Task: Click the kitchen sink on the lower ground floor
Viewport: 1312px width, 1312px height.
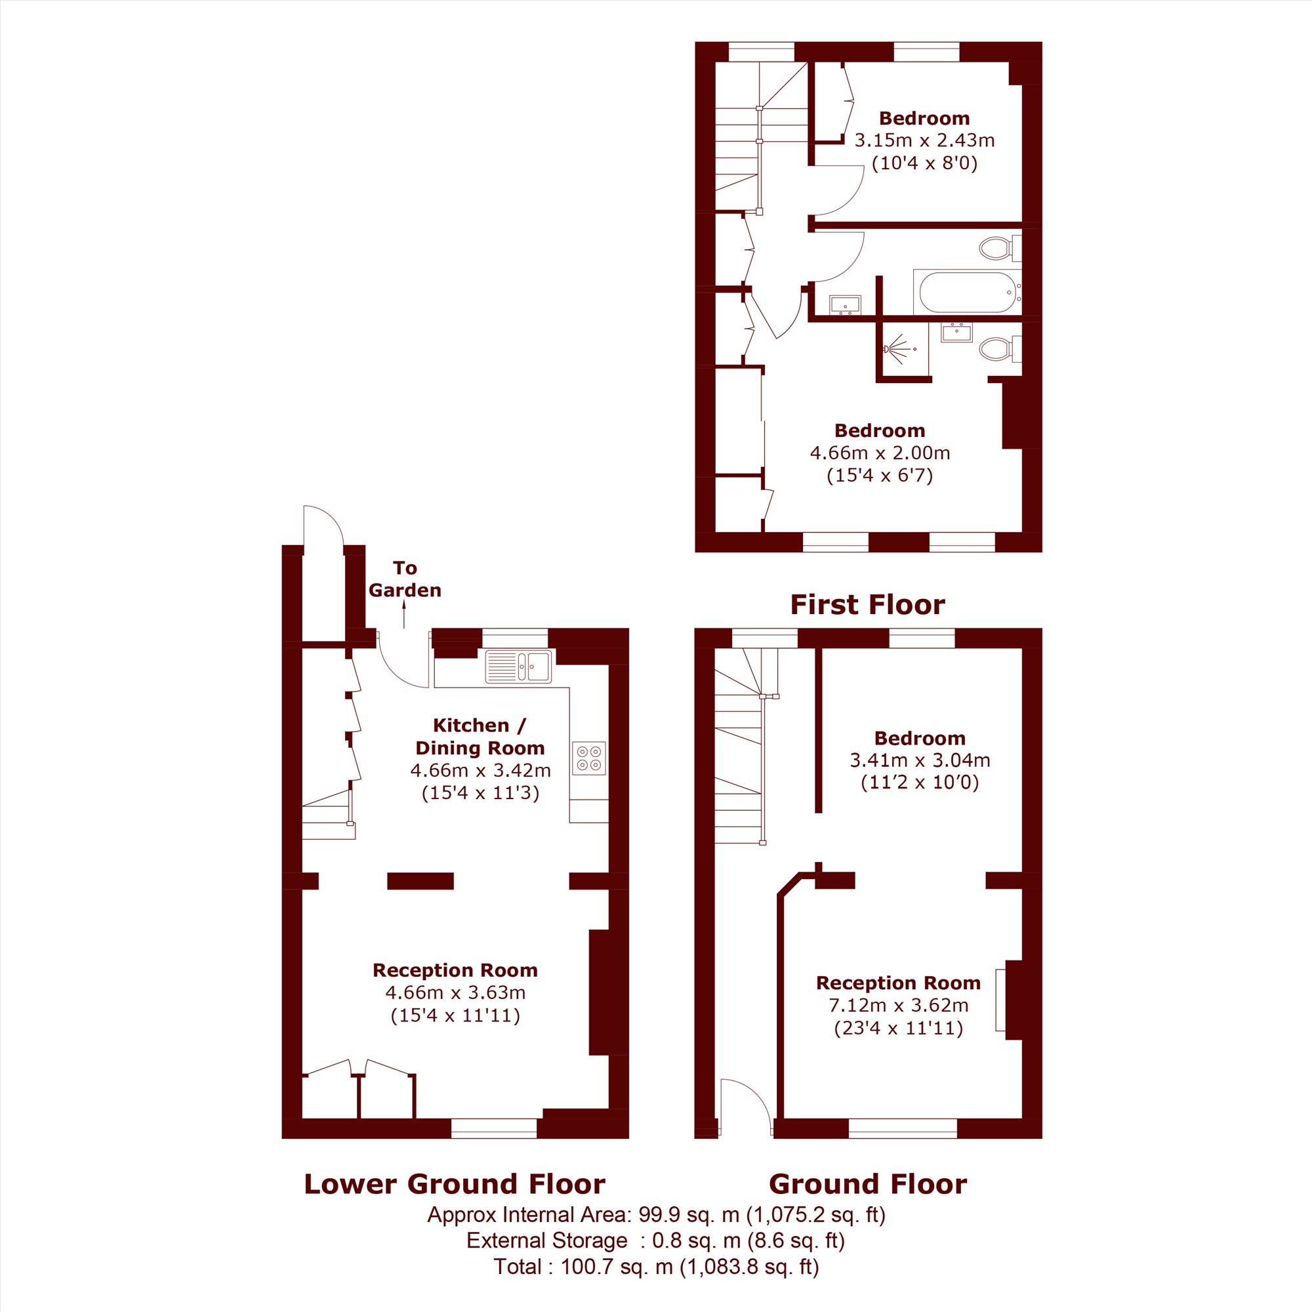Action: [520, 666]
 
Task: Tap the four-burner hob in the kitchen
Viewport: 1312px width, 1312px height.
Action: [589, 758]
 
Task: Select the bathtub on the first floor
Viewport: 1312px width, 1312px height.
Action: [968, 292]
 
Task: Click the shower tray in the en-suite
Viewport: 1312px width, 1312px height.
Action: [905, 349]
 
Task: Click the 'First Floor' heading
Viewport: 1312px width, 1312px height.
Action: [867, 604]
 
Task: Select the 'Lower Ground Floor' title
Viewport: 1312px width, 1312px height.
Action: [455, 1183]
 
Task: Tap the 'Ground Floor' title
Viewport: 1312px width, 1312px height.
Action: [868, 1183]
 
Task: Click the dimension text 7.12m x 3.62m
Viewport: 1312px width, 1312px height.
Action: [899, 1005]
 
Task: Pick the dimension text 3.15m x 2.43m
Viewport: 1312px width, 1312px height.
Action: [924, 140]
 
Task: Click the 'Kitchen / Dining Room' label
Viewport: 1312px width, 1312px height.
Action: [480, 737]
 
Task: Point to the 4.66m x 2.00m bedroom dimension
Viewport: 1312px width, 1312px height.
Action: [880, 453]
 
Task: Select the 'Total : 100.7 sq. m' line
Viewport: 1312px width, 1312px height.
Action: [656, 1267]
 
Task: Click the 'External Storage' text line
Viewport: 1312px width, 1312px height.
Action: [655, 1240]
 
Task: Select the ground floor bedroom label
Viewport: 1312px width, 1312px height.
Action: [920, 738]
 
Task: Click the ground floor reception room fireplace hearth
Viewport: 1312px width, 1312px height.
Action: [1000, 1000]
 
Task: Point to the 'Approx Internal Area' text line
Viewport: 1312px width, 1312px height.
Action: [656, 1215]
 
